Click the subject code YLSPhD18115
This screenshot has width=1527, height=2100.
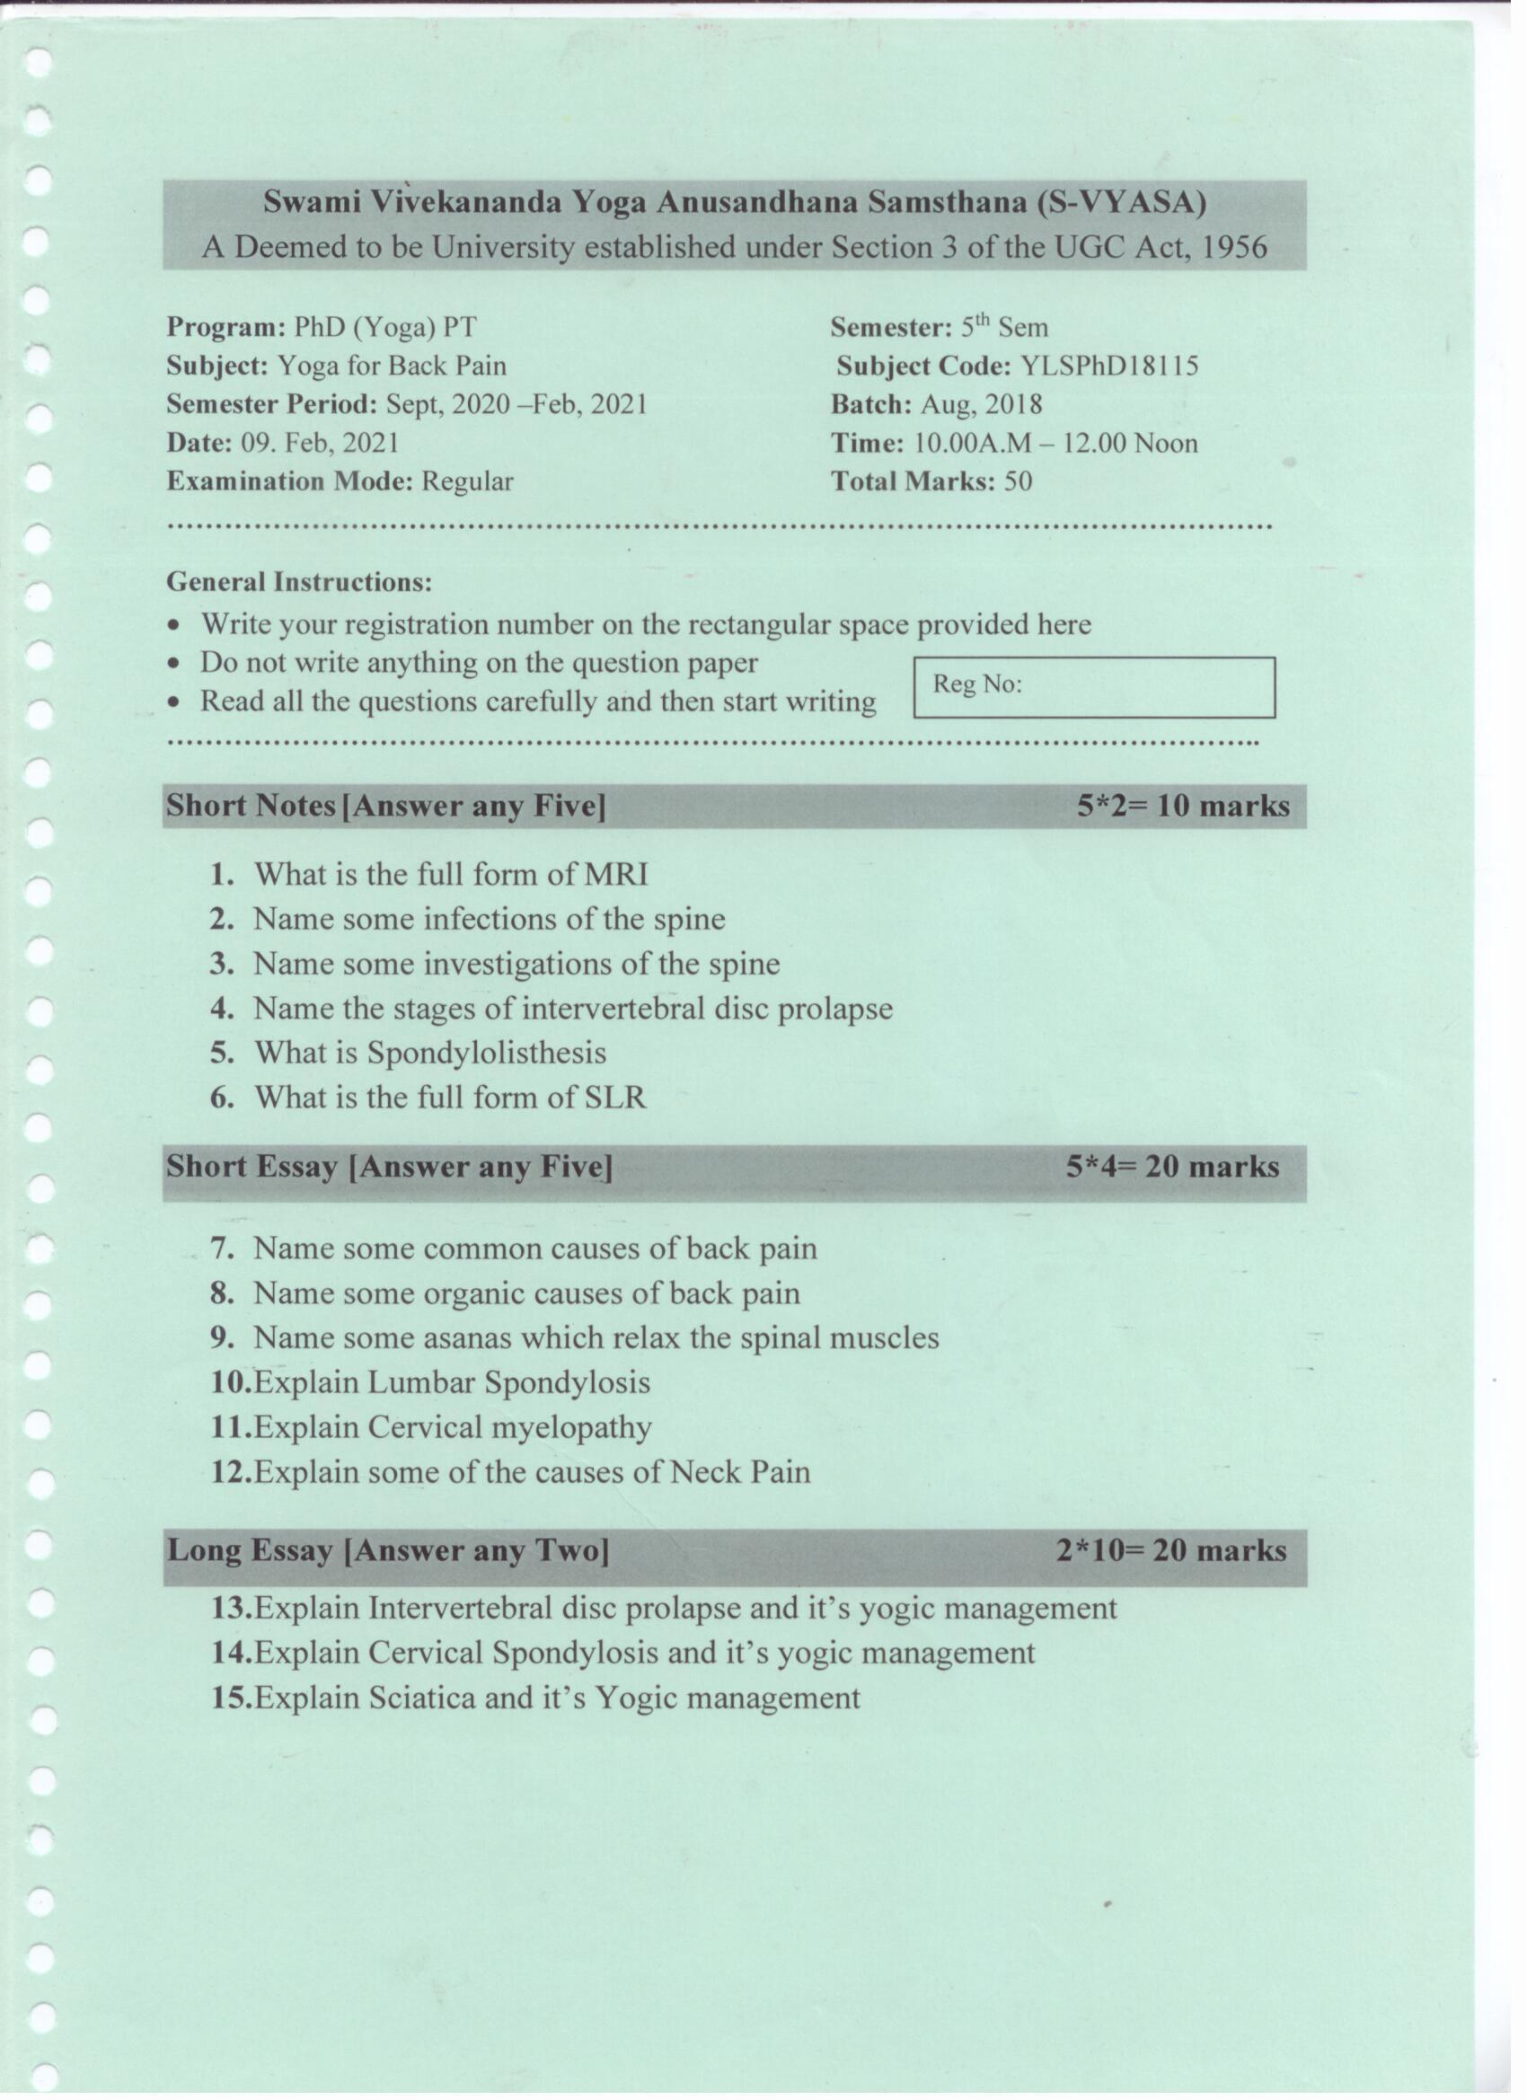(x=1109, y=366)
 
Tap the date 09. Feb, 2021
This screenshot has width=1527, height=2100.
(x=320, y=443)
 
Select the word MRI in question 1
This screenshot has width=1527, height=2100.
(x=617, y=874)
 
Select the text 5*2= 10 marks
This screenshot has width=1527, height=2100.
(x=1182, y=806)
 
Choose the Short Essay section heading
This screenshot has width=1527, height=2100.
(x=389, y=1167)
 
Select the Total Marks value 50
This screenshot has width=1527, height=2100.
(x=1017, y=481)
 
